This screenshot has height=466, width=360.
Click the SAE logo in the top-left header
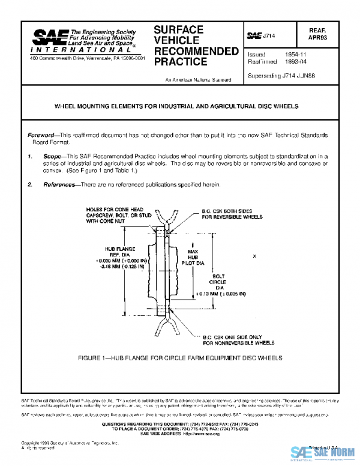pos(50,38)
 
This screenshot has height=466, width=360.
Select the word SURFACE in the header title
pos(178,29)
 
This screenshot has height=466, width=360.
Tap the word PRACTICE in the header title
pos(181,61)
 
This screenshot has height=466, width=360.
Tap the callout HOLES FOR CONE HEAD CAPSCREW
pos(115,215)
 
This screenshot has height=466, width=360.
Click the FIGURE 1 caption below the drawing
pos(179,358)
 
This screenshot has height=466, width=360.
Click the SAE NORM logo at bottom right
pos(323,454)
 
